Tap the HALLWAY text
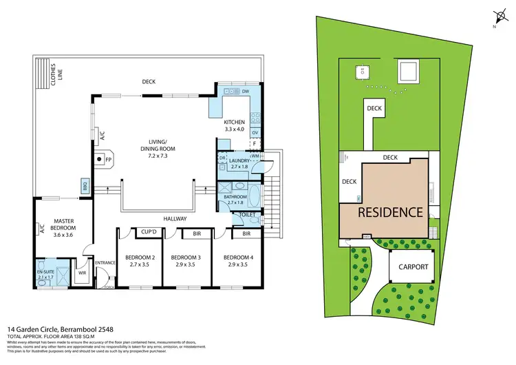coord(175,218)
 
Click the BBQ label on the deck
coord(85,186)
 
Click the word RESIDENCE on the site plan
coord(389,212)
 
